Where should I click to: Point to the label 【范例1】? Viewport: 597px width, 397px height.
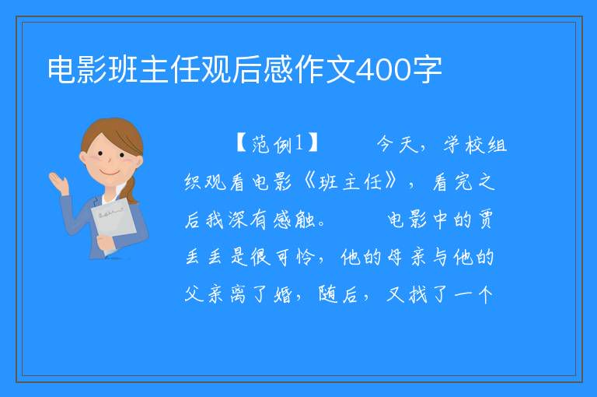point(277,144)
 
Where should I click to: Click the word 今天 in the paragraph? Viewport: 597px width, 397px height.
point(398,145)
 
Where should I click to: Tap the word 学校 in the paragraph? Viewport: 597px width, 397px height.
point(465,145)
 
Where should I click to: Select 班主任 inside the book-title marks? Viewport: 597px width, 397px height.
point(351,181)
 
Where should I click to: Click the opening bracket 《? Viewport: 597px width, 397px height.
point(309,181)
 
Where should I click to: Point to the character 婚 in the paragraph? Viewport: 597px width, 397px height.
point(283,295)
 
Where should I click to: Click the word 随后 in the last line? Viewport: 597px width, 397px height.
point(338,295)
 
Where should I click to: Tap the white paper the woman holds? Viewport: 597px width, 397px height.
point(113,223)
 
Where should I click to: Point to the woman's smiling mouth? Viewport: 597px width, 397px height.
point(110,173)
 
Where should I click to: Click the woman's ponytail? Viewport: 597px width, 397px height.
point(131,190)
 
